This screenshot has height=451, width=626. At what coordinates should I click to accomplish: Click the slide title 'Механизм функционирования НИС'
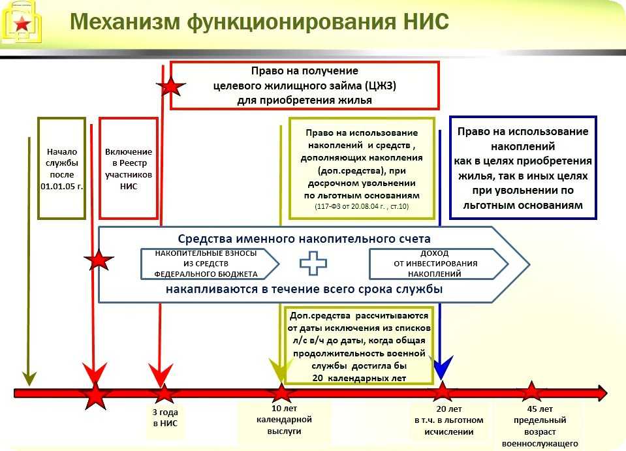(260, 21)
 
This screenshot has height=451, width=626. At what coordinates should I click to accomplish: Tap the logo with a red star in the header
(22, 23)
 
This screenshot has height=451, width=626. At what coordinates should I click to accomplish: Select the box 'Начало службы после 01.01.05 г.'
(62, 168)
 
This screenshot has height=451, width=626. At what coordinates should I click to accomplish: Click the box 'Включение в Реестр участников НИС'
(129, 168)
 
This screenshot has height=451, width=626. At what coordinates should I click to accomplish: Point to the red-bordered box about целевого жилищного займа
(305, 86)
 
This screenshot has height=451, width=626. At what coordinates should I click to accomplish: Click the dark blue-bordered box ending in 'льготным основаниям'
(523, 168)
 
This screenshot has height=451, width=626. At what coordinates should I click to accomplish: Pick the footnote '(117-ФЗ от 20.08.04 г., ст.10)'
(362, 206)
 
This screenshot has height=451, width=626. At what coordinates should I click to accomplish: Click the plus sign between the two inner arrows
(313, 264)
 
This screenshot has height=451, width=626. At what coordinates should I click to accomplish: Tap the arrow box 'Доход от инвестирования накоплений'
(439, 264)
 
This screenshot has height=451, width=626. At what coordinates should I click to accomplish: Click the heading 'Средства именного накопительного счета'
(304, 239)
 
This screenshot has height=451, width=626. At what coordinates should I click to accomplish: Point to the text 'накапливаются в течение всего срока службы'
(304, 289)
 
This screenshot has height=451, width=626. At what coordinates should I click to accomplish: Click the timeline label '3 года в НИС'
(165, 418)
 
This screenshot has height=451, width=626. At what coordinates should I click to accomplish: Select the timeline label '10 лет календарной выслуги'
(284, 420)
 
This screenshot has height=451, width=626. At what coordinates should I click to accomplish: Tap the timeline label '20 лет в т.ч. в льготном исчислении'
(449, 420)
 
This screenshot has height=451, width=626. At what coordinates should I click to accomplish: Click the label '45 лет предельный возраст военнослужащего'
(540, 426)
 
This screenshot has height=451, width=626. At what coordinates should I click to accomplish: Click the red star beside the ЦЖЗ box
(171, 86)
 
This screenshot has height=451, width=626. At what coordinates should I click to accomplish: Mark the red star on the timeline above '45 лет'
(531, 392)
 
